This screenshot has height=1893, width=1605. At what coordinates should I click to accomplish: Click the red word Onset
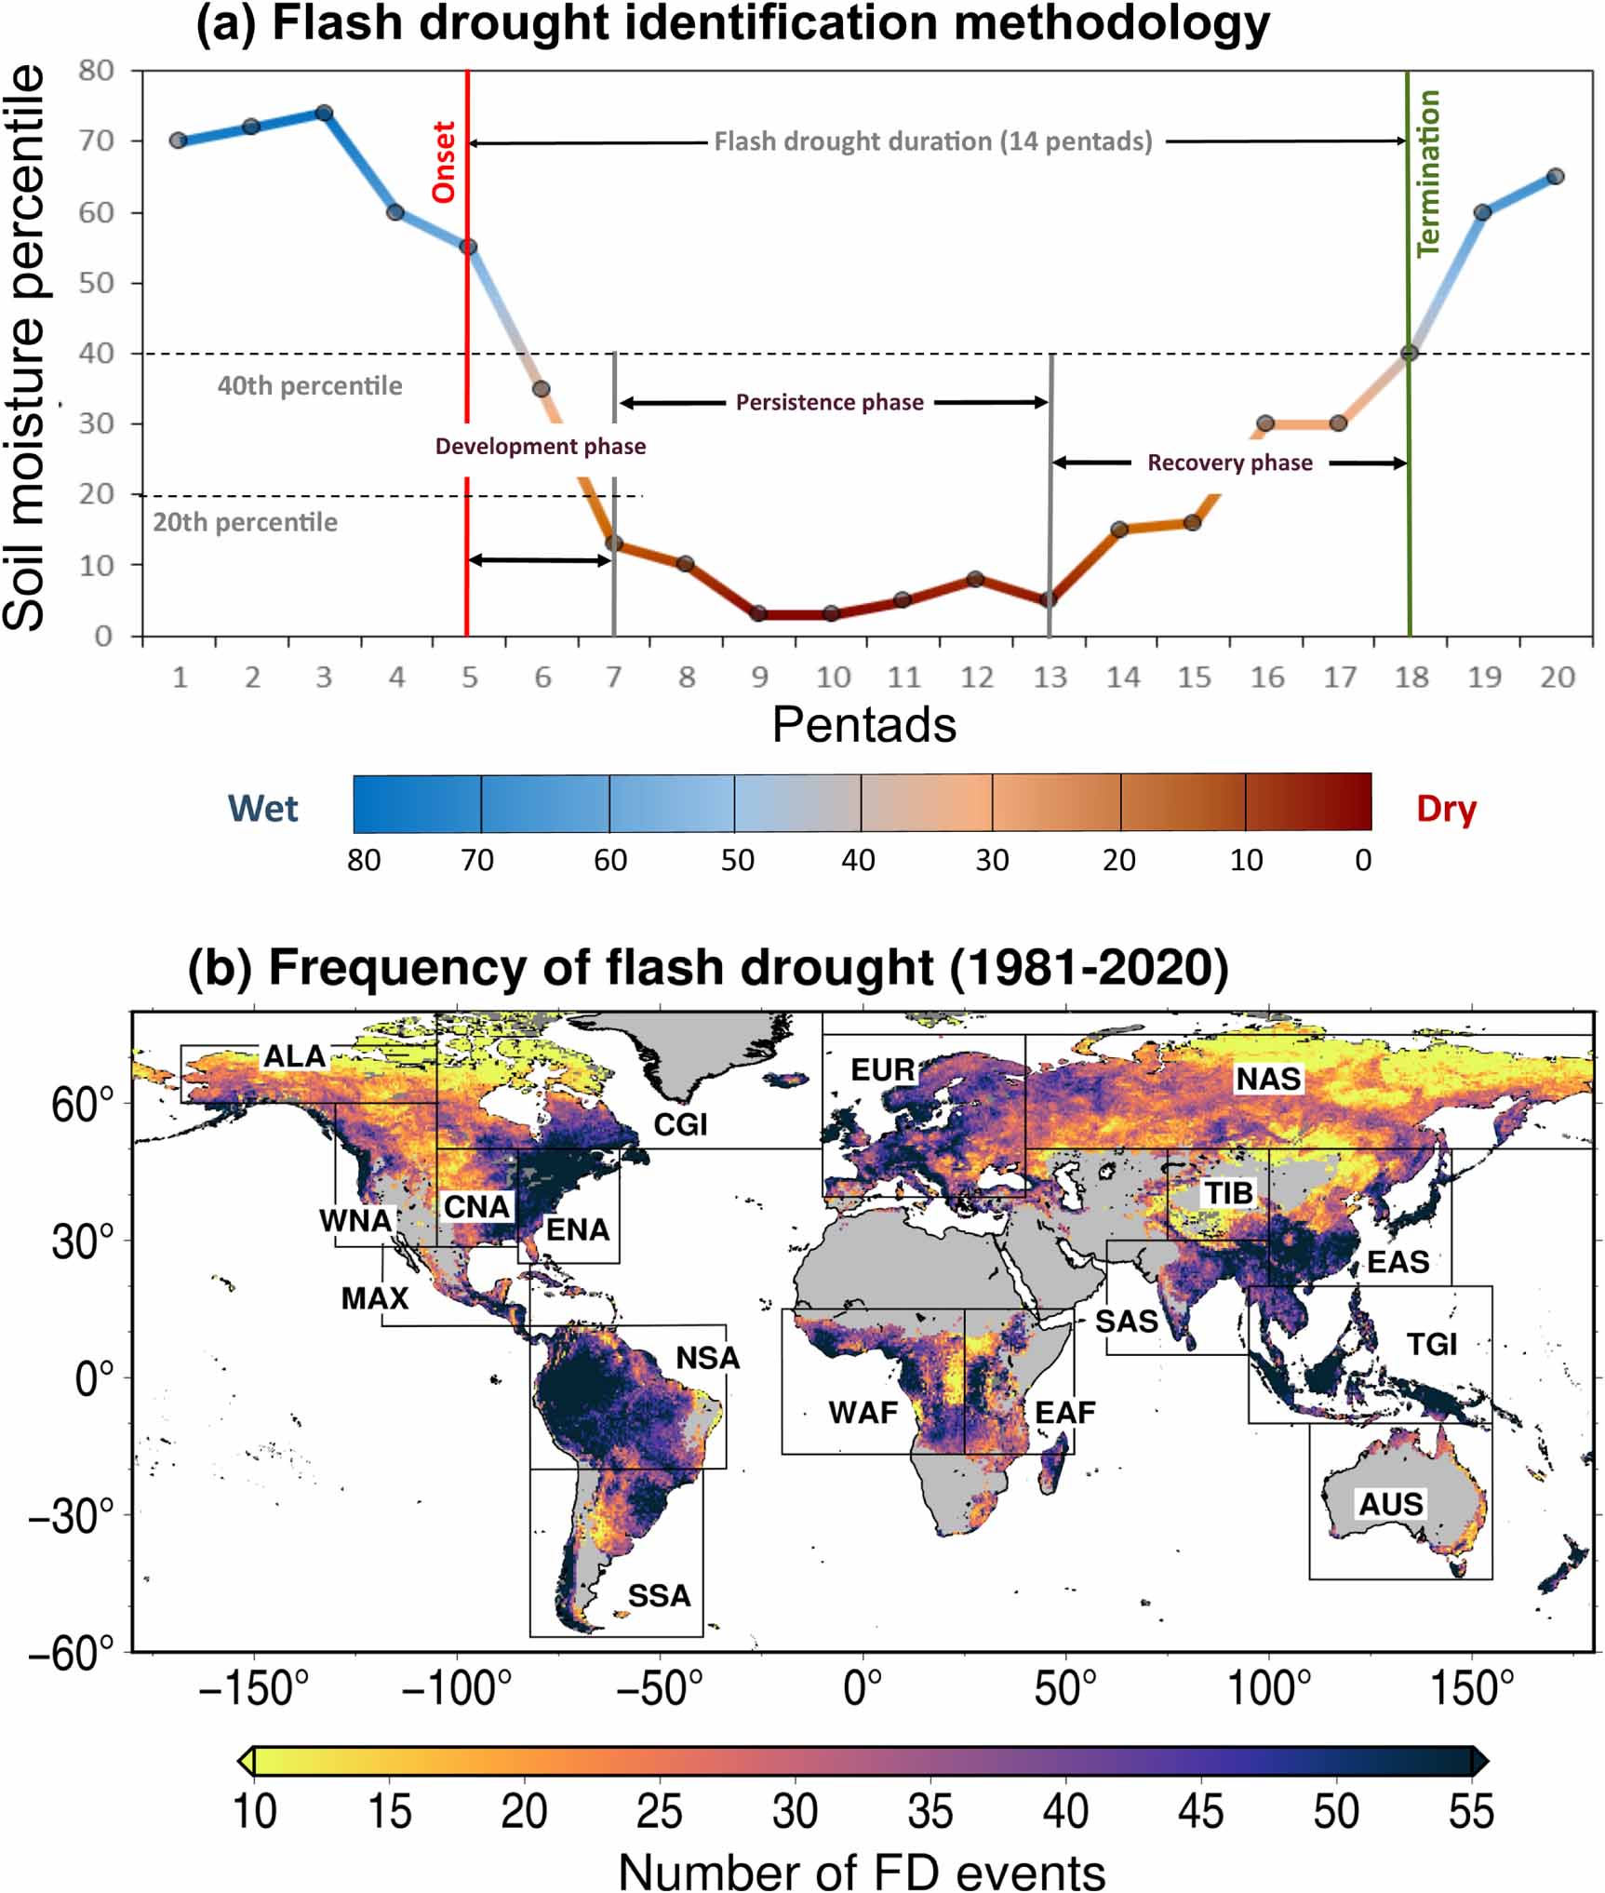444,162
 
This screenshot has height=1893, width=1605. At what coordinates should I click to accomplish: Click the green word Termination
1427,174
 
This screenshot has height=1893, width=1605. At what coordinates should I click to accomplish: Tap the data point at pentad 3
324,113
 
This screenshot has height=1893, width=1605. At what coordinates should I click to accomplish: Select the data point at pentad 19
1483,212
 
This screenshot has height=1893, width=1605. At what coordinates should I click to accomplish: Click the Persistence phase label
829,402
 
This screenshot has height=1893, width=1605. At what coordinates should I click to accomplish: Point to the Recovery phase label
1229,463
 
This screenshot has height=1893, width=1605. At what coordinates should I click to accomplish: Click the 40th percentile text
310,385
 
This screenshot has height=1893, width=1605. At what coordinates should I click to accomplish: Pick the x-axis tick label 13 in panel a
1050,677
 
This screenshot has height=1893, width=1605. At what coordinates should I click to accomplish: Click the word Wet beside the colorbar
263,808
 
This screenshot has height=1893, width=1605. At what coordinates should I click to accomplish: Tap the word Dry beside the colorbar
1446,808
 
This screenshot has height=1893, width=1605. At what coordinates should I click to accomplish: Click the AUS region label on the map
1391,1503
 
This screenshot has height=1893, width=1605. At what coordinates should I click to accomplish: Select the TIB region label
1229,1192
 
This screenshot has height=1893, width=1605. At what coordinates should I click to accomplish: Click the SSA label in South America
659,1595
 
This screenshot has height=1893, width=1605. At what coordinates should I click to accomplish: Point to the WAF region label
863,1412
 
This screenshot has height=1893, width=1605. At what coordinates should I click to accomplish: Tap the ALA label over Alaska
295,1055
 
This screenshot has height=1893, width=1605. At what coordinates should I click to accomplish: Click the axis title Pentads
863,724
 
